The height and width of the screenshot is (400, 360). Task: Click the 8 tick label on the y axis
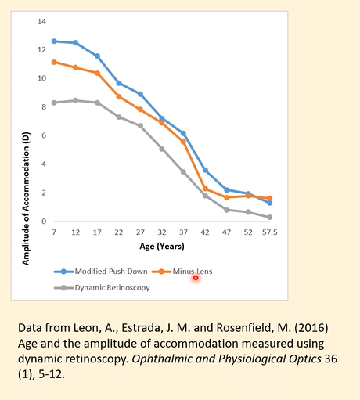click(x=42, y=107)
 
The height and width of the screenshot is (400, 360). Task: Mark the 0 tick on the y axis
click(x=42, y=222)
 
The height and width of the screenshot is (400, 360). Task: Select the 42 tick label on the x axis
click(x=204, y=232)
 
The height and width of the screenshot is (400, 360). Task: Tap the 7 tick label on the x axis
click(x=54, y=232)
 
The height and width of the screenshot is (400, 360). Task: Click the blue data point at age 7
click(x=54, y=41)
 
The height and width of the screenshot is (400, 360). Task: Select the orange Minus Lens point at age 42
click(x=205, y=189)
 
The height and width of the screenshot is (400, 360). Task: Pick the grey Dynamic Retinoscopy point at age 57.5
click(x=269, y=218)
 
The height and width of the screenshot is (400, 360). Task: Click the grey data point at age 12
click(x=75, y=100)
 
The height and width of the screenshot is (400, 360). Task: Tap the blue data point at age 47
click(x=226, y=190)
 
